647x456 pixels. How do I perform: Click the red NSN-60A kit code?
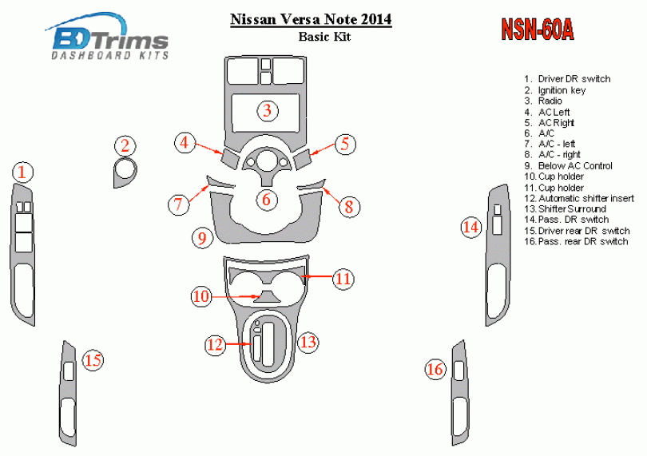click(538, 30)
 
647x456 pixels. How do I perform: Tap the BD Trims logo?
click(107, 38)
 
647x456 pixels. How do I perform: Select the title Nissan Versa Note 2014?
click(311, 19)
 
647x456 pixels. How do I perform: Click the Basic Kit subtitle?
click(324, 37)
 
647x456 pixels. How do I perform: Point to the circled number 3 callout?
click(268, 110)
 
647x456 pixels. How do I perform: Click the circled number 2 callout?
click(125, 145)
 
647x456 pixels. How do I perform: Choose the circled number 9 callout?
click(202, 238)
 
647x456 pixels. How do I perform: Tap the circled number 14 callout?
click(470, 228)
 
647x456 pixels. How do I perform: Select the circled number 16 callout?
click(435, 368)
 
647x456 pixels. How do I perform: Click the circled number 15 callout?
click(93, 360)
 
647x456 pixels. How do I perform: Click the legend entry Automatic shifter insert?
click(579, 199)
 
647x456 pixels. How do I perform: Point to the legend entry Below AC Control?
click(568, 166)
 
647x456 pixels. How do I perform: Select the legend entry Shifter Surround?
click(565, 208)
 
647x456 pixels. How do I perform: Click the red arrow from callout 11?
click(317, 276)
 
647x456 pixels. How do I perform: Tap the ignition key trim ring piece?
click(125, 172)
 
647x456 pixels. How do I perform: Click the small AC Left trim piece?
click(231, 158)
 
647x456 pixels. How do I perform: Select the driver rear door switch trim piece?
click(69, 393)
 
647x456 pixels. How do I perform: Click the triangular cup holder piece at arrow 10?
click(267, 296)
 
